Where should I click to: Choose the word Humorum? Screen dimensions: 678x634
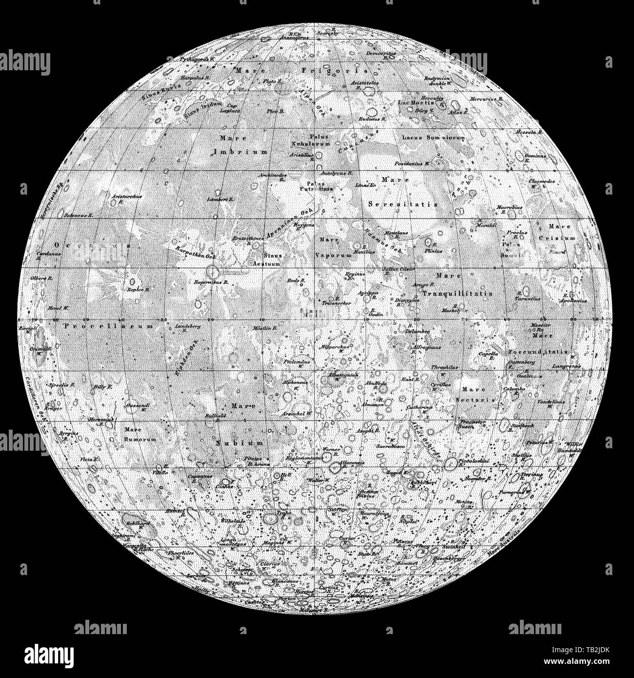coord(140,439)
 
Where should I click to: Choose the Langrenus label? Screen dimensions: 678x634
coord(567,366)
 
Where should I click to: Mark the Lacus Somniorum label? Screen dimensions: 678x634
coord(433,138)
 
